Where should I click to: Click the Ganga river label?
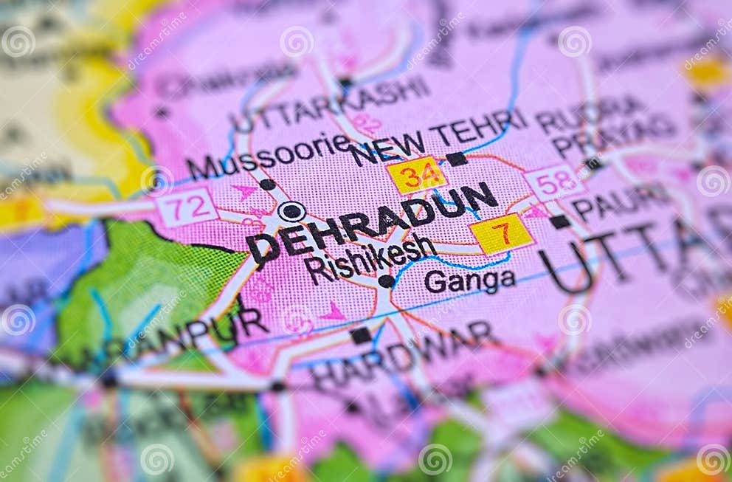coord(469,280)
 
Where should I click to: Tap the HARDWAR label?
coord(403,354)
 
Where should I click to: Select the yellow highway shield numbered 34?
coord(416,176)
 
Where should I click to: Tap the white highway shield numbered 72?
coord(187,207)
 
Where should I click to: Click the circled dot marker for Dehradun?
coord(291,211)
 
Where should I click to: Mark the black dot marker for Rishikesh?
coord(385,281)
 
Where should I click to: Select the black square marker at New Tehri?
coord(456,159)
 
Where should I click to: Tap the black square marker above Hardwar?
coord(360,335)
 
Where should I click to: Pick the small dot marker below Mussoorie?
coord(267,184)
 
